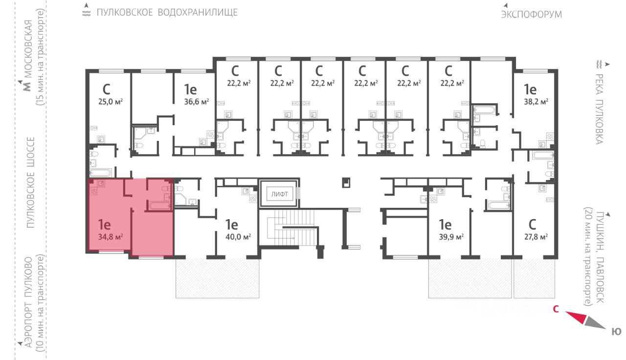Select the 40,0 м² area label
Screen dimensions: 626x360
[238, 237]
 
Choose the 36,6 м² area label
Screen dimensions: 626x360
[197, 102]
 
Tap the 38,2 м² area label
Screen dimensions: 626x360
[536, 102]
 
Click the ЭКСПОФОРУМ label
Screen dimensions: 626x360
[531, 14]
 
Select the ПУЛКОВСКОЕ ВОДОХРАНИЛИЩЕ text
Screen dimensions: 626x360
[167, 12]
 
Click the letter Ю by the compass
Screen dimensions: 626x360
[617, 332]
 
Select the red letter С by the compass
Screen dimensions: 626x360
[556, 309]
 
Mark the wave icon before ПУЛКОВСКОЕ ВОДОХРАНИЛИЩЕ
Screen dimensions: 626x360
[87, 12]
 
